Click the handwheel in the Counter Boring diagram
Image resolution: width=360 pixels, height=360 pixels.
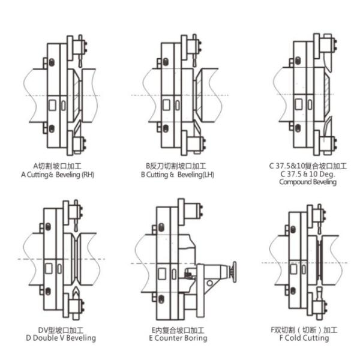234,272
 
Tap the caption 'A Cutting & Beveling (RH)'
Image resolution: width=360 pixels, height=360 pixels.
58,175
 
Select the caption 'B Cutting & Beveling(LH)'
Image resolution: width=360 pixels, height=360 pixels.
178,175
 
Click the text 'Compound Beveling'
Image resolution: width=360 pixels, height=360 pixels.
308,182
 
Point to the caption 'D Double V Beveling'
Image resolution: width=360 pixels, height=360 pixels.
61,338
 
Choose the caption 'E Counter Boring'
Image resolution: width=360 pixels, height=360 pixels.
178,338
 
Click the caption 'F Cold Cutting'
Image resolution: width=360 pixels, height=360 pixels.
304,338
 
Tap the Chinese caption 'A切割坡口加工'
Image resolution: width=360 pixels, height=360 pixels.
58,166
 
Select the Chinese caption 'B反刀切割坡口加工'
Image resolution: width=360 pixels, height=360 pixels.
176,166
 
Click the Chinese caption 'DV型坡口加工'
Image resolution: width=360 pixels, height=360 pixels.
61,330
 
